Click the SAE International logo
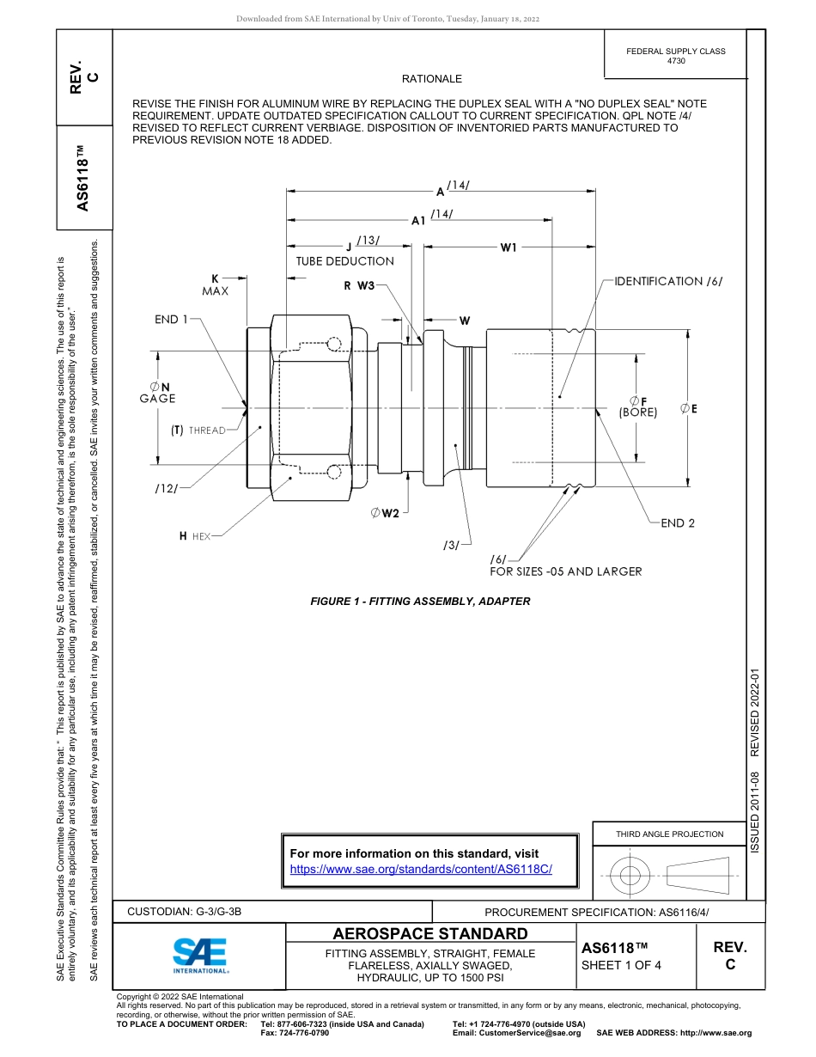(x=200, y=954)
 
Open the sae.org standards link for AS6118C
(x=421, y=869)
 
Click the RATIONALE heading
(x=432, y=79)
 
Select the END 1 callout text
(x=172, y=319)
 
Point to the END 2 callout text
(x=678, y=522)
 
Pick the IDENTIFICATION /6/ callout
(x=668, y=281)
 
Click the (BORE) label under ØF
(x=637, y=412)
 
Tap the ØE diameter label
(x=688, y=409)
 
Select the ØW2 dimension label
(x=385, y=513)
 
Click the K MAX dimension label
(x=216, y=284)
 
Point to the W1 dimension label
(x=508, y=247)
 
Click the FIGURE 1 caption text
(x=420, y=602)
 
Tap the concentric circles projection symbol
(x=630, y=876)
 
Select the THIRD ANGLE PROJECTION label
(x=669, y=834)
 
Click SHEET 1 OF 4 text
(x=621, y=965)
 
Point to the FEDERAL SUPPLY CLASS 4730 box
(x=675, y=56)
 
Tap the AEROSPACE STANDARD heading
(x=430, y=934)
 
